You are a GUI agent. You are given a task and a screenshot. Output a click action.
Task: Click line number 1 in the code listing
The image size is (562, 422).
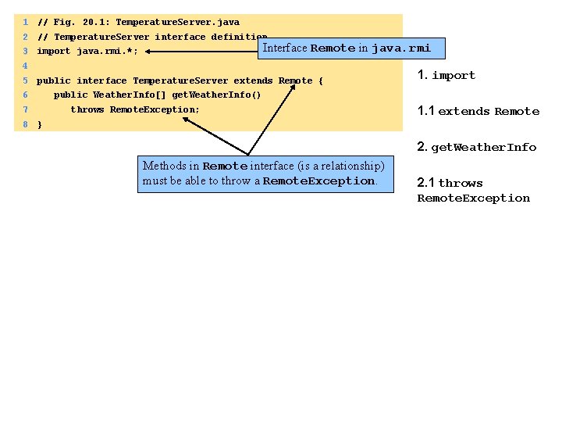click(x=26, y=22)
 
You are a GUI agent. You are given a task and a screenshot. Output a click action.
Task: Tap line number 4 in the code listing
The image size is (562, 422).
click(x=26, y=66)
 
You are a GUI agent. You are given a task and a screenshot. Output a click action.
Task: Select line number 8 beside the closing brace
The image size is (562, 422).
click(x=26, y=124)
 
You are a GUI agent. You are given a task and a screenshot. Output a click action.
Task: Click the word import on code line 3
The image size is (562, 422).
click(x=54, y=52)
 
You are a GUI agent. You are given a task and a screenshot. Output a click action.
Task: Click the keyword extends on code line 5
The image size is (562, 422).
click(x=253, y=80)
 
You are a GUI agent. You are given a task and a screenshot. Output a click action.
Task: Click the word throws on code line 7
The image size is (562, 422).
click(x=87, y=109)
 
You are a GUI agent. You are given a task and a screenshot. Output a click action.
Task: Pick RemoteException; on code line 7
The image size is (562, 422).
click(x=155, y=109)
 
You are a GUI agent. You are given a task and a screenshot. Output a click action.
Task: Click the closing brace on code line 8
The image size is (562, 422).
click(x=40, y=124)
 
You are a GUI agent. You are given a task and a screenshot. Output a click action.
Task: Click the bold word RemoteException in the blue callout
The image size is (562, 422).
click(x=318, y=181)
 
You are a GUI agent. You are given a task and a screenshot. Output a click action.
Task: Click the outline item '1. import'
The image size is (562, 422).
click(x=446, y=76)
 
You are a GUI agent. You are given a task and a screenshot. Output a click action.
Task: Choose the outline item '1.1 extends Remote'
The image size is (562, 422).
click(x=478, y=112)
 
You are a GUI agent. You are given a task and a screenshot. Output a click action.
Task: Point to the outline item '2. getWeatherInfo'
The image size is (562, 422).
click(x=477, y=148)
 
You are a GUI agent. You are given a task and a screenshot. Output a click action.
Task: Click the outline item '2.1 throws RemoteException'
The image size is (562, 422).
click(x=473, y=191)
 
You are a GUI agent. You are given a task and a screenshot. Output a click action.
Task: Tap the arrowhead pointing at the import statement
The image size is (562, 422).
click(x=148, y=52)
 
